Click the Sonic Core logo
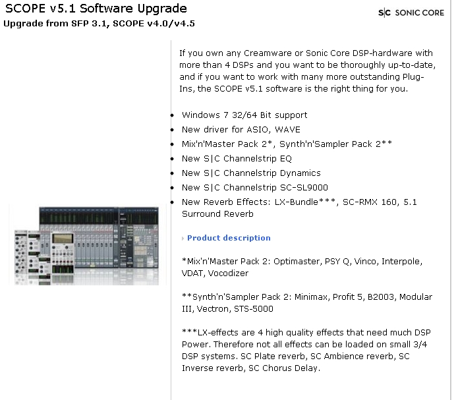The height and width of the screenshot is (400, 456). [x=411, y=13]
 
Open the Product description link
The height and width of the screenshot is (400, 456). [x=229, y=238]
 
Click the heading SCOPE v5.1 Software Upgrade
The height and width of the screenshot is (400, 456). [x=96, y=9]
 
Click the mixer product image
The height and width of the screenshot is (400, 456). [x=87, y=245]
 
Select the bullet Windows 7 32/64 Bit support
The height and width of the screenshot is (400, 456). [x=244, y=115]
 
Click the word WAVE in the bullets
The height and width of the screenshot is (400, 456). [x=287, y=129]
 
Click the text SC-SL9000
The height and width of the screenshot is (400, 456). [x=304, y=188]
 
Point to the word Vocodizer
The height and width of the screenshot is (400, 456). [x=228, y=273]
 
